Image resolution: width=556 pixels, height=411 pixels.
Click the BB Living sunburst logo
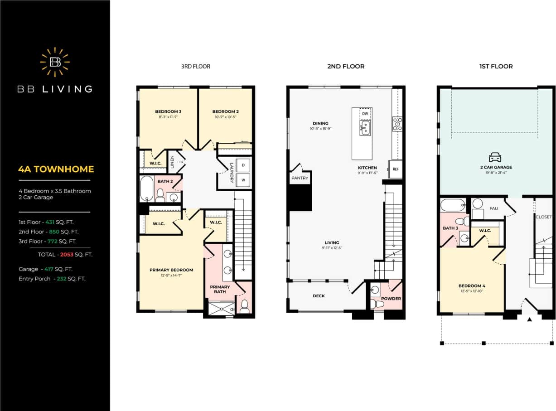click(x=55, y=62)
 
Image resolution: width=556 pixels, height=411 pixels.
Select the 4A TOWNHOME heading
click(x=56, y=169)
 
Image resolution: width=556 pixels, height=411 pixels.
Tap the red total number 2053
click(x=67, y=255)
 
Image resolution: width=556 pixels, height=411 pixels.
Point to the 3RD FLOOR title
click(x=195, y=67)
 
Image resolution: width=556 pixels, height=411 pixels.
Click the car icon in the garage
click(x=495, y=157)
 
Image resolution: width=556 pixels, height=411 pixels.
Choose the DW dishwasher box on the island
click(x=365, y=114)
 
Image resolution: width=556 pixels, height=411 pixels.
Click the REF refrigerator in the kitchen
click(x=396, y=169)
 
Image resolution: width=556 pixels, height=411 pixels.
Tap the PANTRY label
click(x=300, y=178)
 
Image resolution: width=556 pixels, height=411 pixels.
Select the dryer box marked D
click(x=243, y=165)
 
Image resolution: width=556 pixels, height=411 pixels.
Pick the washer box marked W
click(x=243, y=180)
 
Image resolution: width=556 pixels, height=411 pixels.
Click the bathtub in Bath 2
click(x=147, y=189)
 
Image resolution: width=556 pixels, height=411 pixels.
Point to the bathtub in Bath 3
click(x=452, y=205)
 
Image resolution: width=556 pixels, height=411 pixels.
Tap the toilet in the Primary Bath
click(x=244, y=306)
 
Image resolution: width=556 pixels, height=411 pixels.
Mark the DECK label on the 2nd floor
click(x=319, y=296)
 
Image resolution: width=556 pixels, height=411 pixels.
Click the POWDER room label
click(x=391, y=299)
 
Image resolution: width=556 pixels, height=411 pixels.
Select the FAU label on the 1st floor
click(x=494, y=209)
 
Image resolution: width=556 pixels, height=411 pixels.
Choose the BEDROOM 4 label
click(x=472, y=286)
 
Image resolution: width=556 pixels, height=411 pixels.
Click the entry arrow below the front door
click(x=529, y=320)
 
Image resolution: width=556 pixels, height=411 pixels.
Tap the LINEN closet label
click(x=173, y=162)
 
